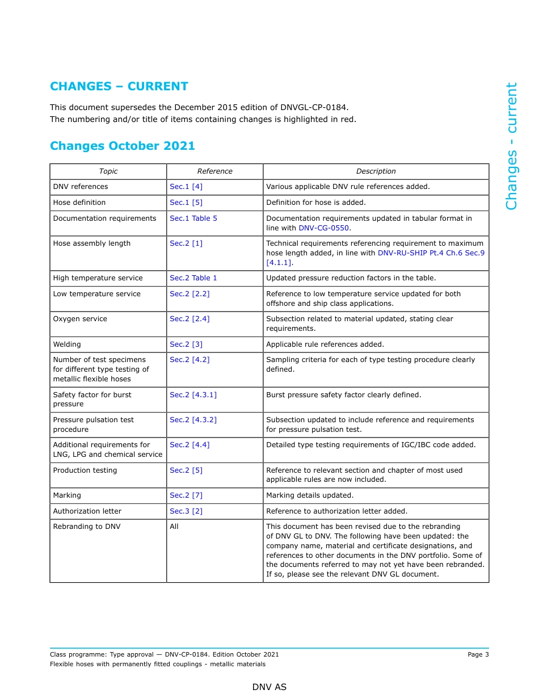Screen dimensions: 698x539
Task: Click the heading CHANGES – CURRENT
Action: click(119, 86)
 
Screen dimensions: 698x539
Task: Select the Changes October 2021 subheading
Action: click(122, 146)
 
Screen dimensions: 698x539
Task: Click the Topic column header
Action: click(108, 171)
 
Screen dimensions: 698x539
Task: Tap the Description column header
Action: click(376, 171)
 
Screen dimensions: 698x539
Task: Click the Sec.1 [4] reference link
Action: click(186, 187)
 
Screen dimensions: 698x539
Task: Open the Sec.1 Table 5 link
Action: click(193, 218)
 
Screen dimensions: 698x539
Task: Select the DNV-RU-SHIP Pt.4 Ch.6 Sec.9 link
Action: click(431, 253)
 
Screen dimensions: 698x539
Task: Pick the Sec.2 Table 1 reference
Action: click(193, 278)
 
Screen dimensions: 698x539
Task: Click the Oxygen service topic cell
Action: click(80, 319)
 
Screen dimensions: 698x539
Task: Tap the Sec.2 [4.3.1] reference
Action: click(193, 395)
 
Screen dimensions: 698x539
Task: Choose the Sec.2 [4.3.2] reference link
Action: click(193, 420)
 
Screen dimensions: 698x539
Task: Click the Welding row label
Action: click(67, 344)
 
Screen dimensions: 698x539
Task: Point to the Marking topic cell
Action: click(67, 495)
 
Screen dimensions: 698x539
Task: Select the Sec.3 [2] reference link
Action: click(186, 511)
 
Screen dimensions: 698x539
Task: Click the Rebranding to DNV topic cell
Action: click(87, 527)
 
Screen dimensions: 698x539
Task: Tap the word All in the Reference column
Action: click(174, 527)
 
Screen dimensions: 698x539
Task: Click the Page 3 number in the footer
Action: click(478, 654)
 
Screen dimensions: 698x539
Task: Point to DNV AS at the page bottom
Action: click(269, 687)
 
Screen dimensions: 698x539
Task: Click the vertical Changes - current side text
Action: click(511, 146)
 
